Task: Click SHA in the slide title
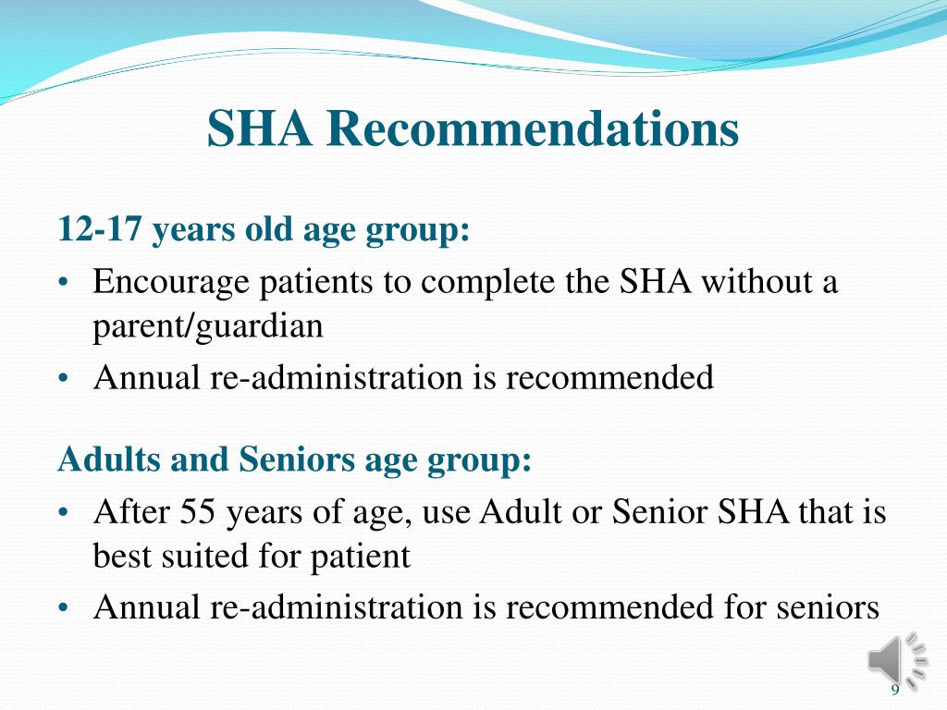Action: (259, 129)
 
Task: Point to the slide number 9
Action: (894, 692)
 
